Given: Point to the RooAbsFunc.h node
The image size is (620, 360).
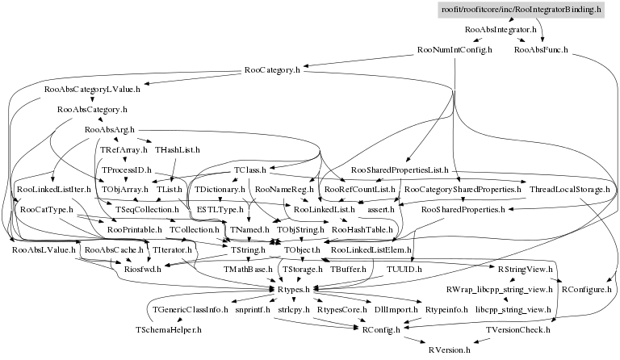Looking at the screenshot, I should tap(541, 50).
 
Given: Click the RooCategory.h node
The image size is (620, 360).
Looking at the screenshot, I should tap(272, 70).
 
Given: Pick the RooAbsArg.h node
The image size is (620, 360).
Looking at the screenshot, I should tap(109, 129).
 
